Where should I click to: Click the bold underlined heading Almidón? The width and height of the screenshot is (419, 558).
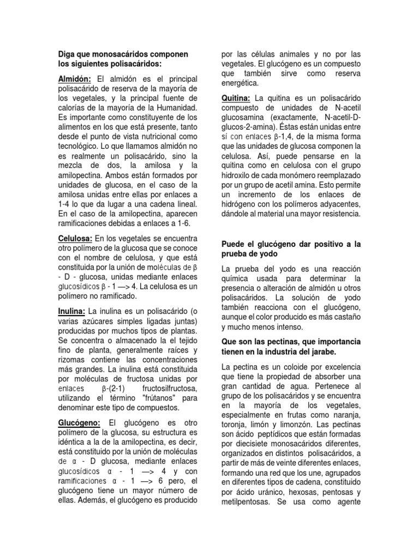[x=75, y=78]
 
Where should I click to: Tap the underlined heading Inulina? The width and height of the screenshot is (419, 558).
[x=71, y=311]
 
